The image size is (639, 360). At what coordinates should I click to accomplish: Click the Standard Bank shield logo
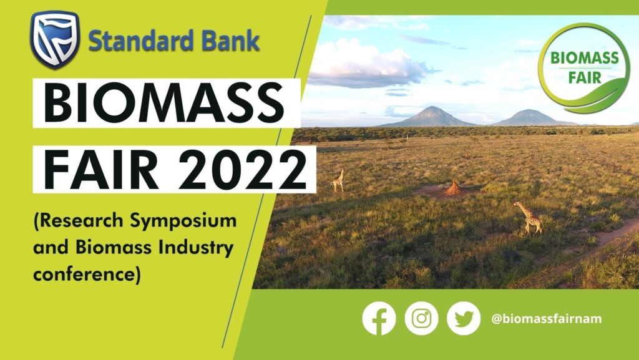(x=55, y=39)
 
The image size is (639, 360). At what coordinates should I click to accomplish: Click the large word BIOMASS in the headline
(x=163, y=102)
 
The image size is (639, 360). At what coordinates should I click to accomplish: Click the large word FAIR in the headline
(x=100, y=170)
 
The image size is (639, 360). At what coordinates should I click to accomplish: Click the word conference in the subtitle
(x=84, y=274)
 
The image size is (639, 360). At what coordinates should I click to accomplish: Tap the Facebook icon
(x=379, y=318)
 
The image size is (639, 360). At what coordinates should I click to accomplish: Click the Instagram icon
(x=421, y=318)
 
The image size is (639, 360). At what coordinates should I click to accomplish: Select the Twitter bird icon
(x=464, y=318)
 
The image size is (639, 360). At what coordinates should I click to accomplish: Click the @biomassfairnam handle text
(x=547, y=318)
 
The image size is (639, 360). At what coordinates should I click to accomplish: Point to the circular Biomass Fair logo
(x=584, y=67)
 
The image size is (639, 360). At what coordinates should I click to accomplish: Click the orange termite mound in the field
(x=454, y=188)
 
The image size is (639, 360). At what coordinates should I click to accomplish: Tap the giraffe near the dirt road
(x=529, y=218)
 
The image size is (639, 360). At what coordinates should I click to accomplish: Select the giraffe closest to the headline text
(x=338, y=180)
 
